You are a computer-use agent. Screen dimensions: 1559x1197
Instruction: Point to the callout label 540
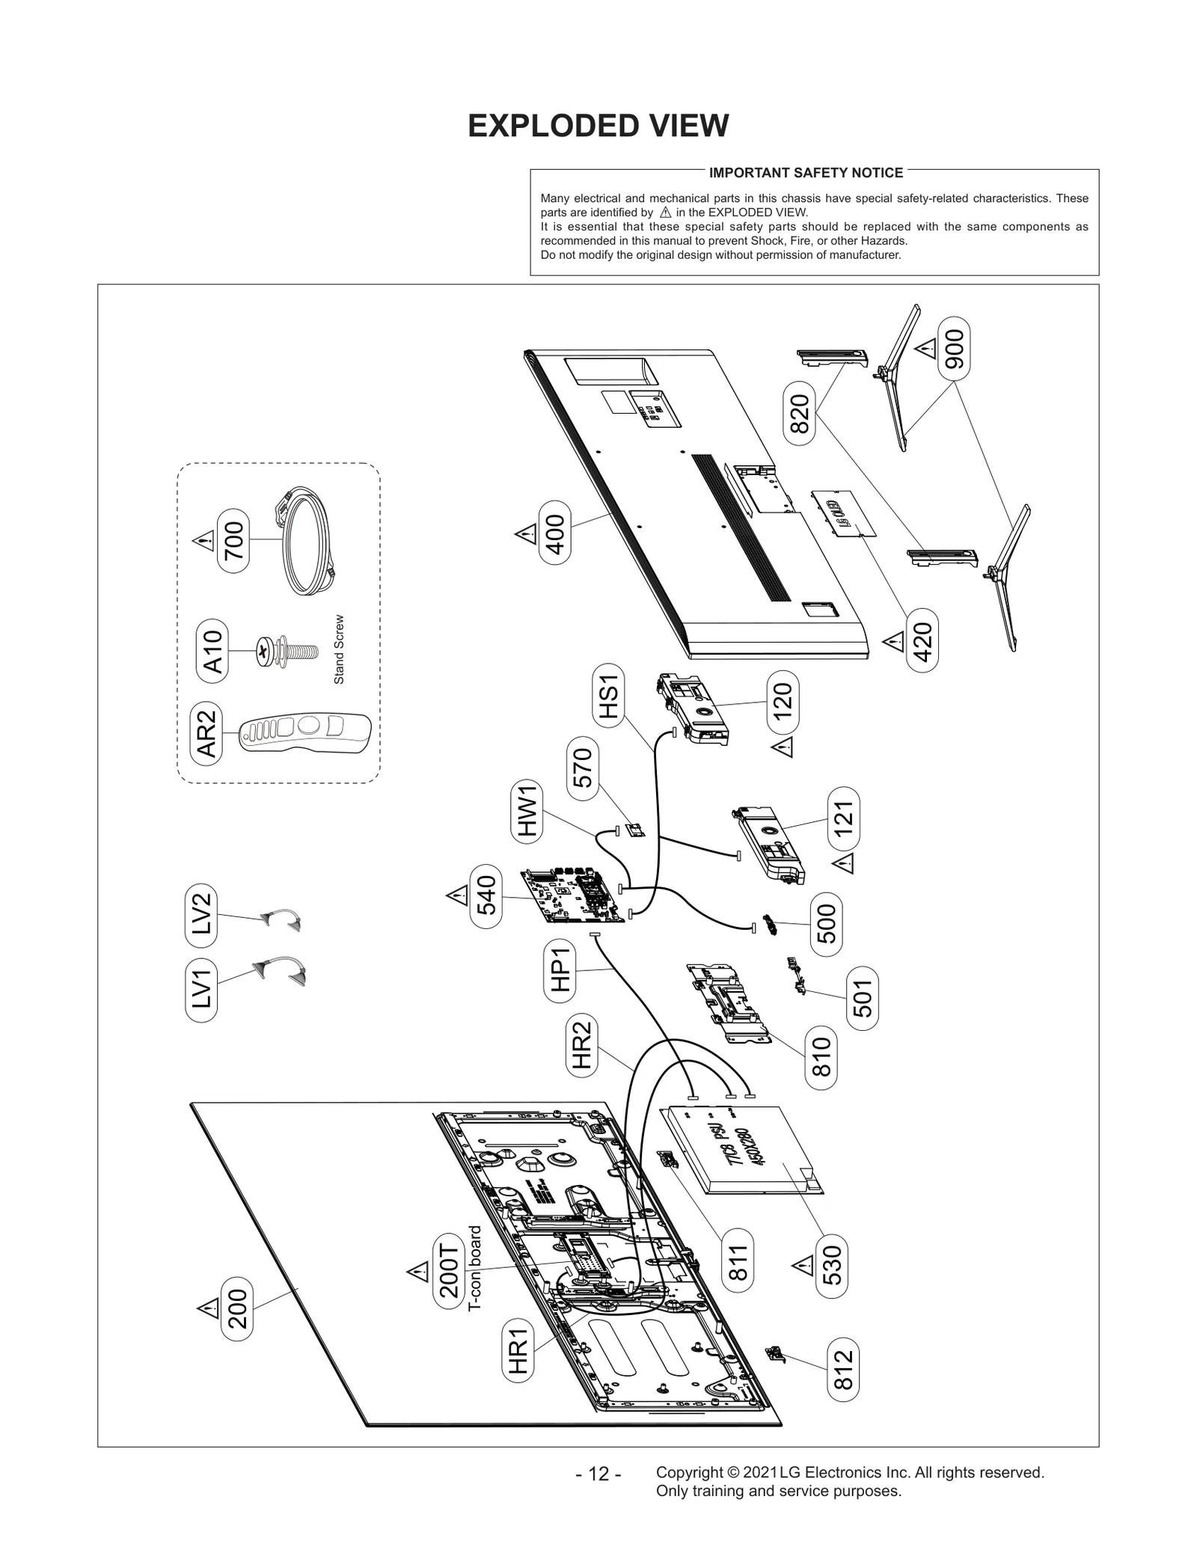coord(486,895)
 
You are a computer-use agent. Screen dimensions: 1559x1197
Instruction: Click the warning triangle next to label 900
coord(927,348)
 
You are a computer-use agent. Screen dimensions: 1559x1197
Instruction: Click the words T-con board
coord(474,1268)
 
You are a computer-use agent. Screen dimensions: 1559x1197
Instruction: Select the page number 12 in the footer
coord(598,1474)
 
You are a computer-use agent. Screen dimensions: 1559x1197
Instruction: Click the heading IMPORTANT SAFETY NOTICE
coord(806,173)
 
